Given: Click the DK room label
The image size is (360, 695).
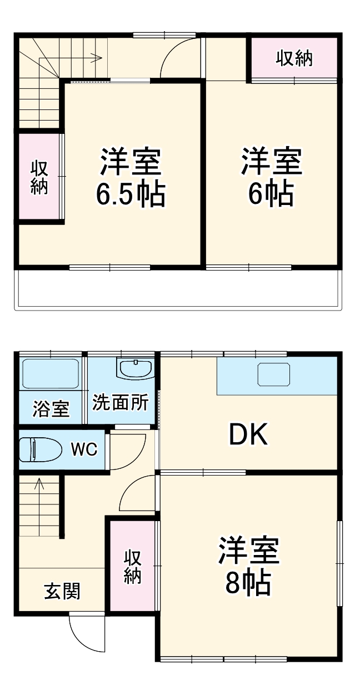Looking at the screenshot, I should (249, 435).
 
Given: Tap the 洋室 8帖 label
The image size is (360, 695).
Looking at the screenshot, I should (248, 566).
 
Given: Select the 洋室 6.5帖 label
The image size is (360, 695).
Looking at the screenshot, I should (131, 177).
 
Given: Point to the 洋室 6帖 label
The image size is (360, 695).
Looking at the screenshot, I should (271, 177).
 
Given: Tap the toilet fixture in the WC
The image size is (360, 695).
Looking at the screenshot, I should (40, 449).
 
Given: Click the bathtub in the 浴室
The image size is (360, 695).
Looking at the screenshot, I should (50, 374).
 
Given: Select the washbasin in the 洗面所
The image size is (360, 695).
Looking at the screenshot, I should (135, 368).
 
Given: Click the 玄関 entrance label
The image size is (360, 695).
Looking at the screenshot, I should (62, 592).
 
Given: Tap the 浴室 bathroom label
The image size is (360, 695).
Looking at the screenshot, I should (51, 409).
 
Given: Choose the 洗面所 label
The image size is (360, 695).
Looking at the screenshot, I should (121, 403).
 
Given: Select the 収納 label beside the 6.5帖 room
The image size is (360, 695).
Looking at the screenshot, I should (39, 177).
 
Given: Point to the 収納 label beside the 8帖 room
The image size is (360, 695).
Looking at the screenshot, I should (132, 567).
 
